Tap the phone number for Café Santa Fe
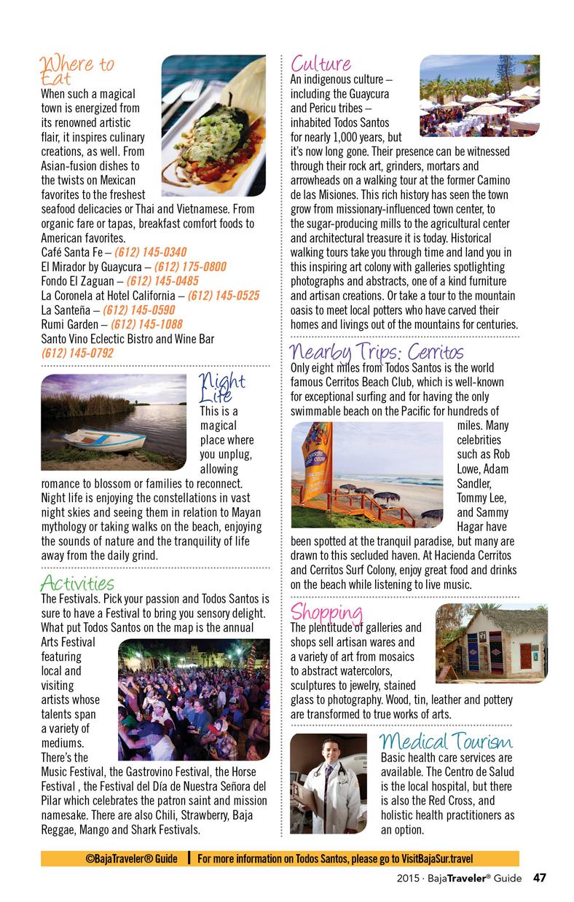(x=150, y=252)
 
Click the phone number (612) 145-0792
(x=77, y=353)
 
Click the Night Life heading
(x=221, y=388)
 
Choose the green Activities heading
(x=77, y=583)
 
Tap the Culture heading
(x=321, y=64)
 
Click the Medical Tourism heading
(x=446, y=742)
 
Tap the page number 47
(x=539, y=878)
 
